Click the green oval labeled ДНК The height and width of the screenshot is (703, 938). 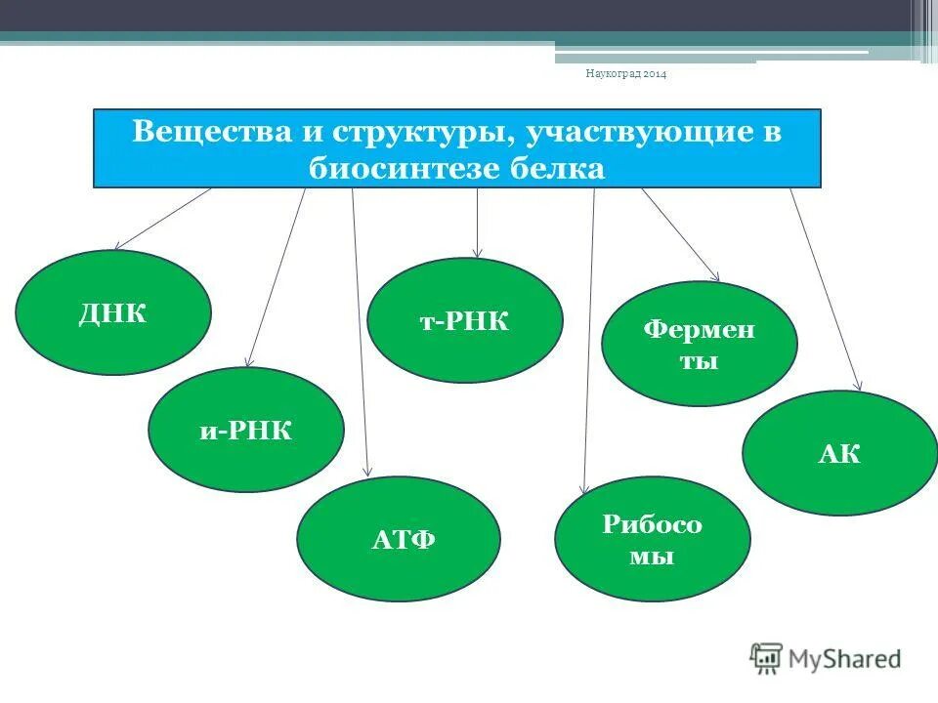pyautogui.click(x=113, y=312)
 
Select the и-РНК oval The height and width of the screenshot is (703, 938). pyautogui.click(x=246, y=430)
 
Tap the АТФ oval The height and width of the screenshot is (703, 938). pyautogui.click(x=399, y=539)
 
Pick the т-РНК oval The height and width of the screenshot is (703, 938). pyautogui.click(x=465, y=320)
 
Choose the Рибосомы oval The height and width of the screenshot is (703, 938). pyautogui.click(x=652, y=539)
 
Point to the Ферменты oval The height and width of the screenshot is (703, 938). pyautogui.click(x=699, y=344)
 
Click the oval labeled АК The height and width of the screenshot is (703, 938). pyautogui.click(x=839, y=453)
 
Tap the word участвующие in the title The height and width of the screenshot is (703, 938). pyautogui.click(x=634, y=132)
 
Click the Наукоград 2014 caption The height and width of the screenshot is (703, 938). pyautogui.click(x=625, y=74)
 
